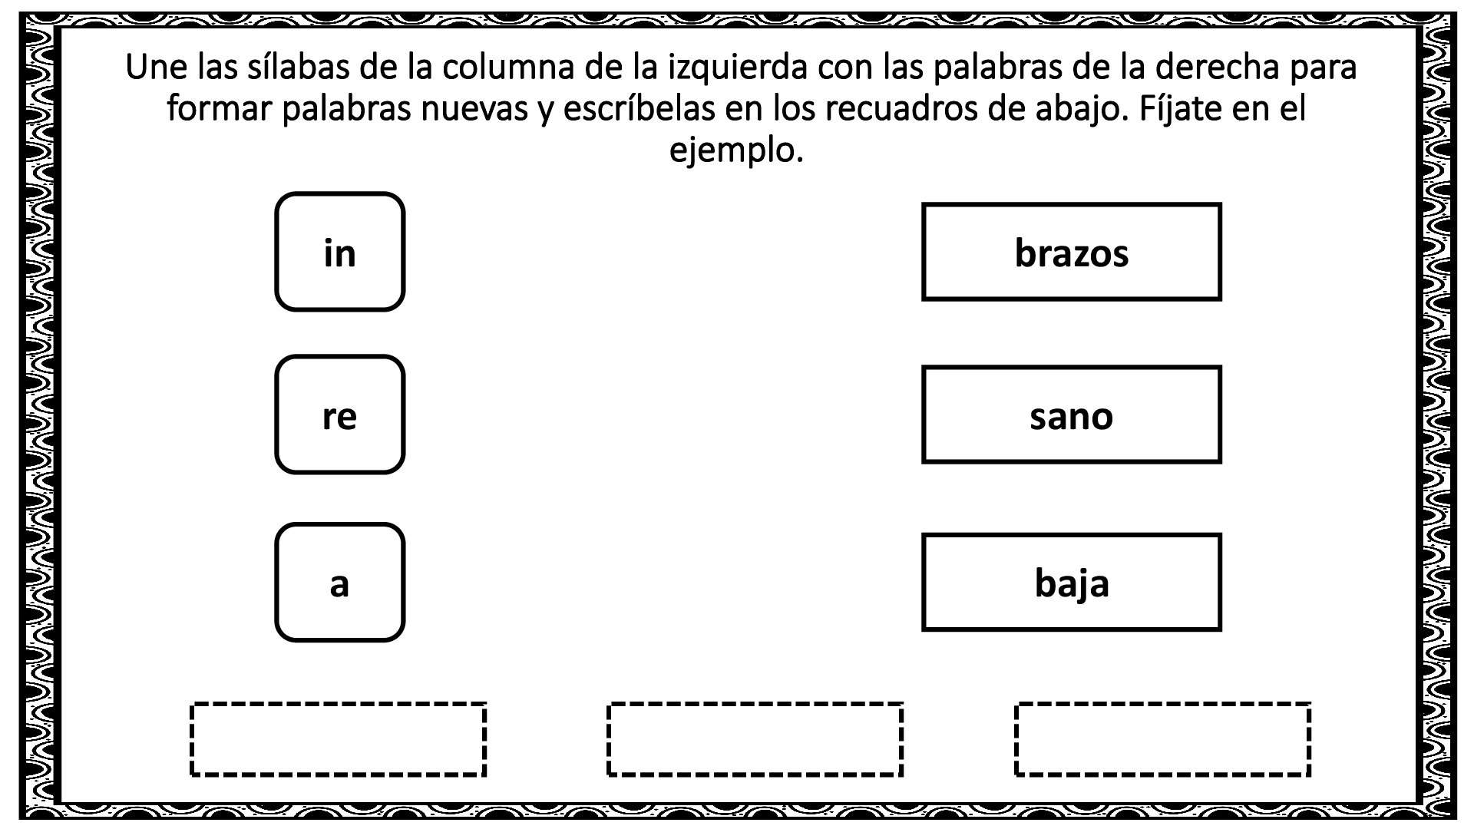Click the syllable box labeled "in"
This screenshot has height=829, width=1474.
click(339, 252)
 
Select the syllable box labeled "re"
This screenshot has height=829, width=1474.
click(339, 414)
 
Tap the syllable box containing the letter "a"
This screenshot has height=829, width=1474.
click(339, 583)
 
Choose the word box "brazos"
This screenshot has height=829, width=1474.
click(1071, 252)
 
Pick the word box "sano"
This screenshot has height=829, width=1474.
click(1071, 414)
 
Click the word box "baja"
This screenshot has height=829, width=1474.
click(1071, 583)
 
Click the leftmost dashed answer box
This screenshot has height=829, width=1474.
click(338, 739)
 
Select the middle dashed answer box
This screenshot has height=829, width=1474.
click(755, 739)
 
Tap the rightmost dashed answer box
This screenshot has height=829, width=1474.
click(1162, 739)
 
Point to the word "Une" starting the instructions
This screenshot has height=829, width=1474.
click(156, 68)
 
